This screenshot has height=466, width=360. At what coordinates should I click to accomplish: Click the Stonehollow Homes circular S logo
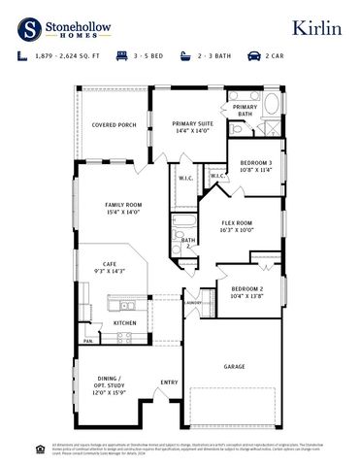31,27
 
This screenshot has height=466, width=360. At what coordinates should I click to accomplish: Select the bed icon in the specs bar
122,57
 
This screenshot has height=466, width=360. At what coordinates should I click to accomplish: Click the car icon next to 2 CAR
254,57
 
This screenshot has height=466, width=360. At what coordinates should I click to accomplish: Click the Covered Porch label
114,125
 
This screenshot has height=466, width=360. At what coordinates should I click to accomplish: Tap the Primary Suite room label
192,127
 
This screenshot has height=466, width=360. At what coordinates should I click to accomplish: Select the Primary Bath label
245,111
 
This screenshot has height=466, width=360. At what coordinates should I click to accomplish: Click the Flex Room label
237,226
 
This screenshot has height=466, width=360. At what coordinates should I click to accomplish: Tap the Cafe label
110,267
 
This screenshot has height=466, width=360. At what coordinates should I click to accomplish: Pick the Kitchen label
124,322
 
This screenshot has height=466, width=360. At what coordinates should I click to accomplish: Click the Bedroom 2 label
247,292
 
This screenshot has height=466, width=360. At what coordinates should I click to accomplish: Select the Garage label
234,366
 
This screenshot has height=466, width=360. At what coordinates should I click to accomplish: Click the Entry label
169,382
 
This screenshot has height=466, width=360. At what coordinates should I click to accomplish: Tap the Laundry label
193,302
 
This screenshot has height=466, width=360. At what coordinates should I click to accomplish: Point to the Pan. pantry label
87,341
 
